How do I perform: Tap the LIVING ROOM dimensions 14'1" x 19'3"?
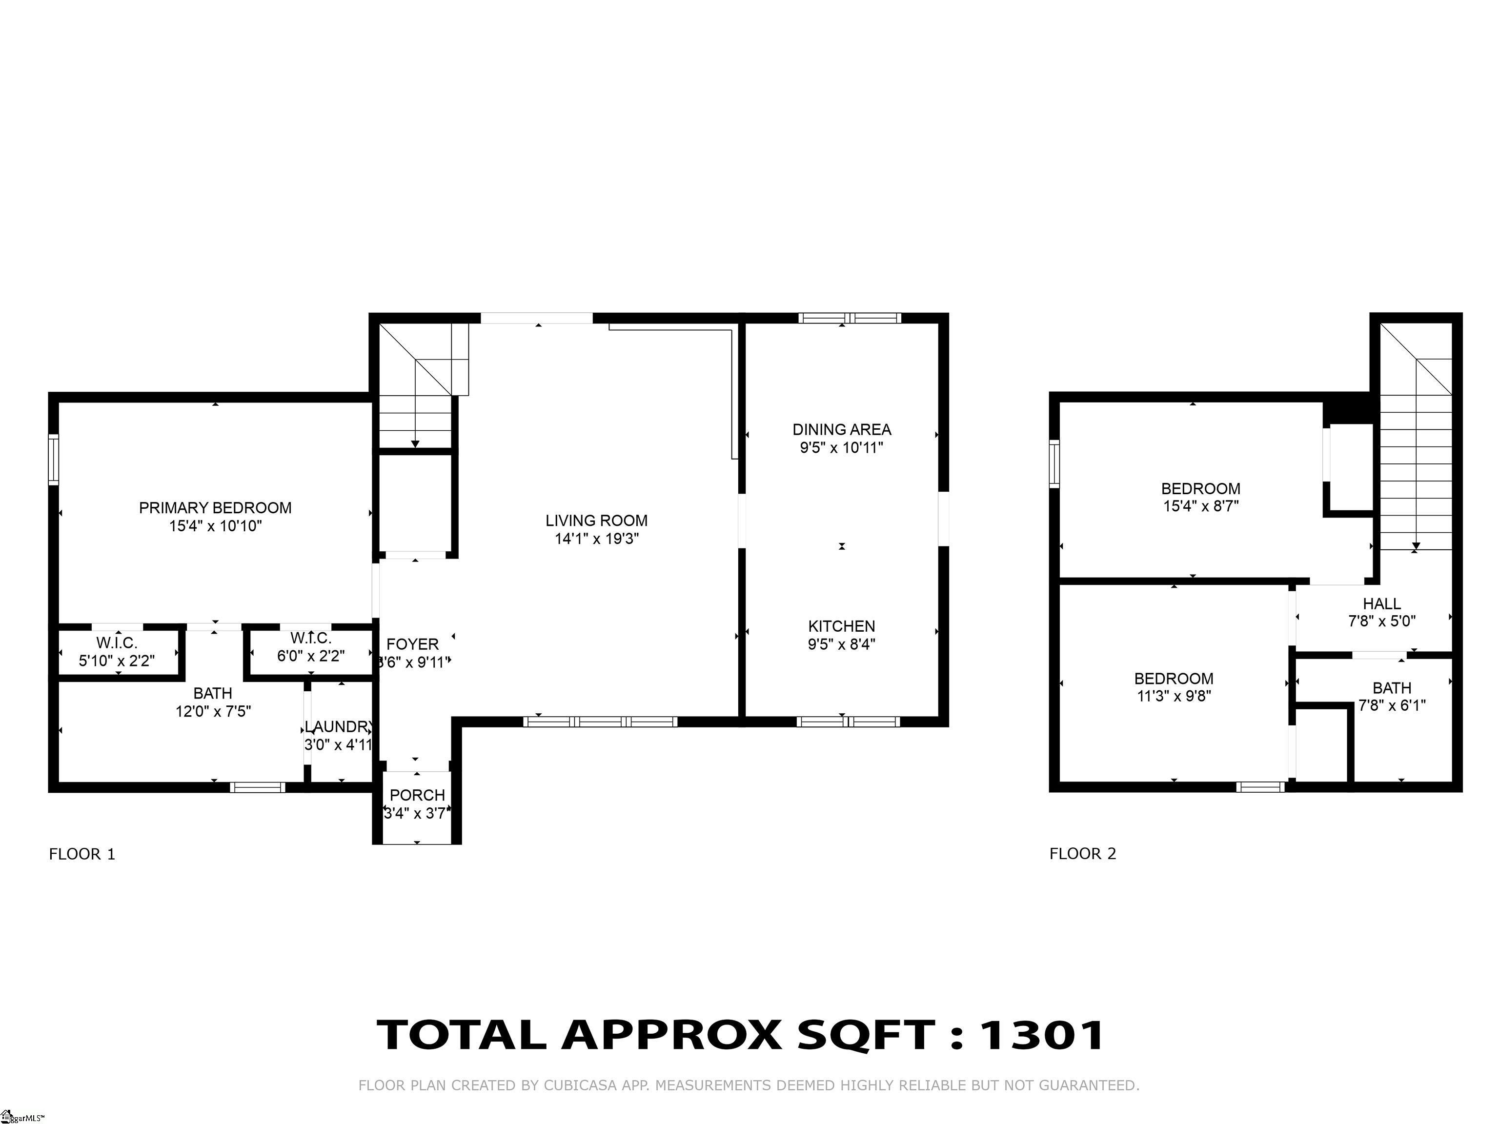pos(596,539)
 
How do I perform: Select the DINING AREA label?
pos(842,429)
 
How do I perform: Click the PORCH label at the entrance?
pos(417,795)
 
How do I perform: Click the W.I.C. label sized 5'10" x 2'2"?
pos(117,642)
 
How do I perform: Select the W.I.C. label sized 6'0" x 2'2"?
pos(310,638)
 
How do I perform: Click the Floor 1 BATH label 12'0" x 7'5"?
pos(213,693)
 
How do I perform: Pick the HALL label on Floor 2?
pos(1382,603)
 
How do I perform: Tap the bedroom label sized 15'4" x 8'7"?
pos(1201,488)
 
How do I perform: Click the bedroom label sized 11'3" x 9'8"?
pos(1174,678)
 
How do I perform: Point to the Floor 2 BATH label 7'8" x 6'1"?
pos(1392,688)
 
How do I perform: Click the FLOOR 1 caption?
pos(82,854)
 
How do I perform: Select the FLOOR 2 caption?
pos(1082,854)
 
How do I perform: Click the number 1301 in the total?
pos(1042,1035)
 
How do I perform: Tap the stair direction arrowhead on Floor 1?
pos(415,444)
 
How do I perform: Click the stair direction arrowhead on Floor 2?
pos(1416,545)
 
